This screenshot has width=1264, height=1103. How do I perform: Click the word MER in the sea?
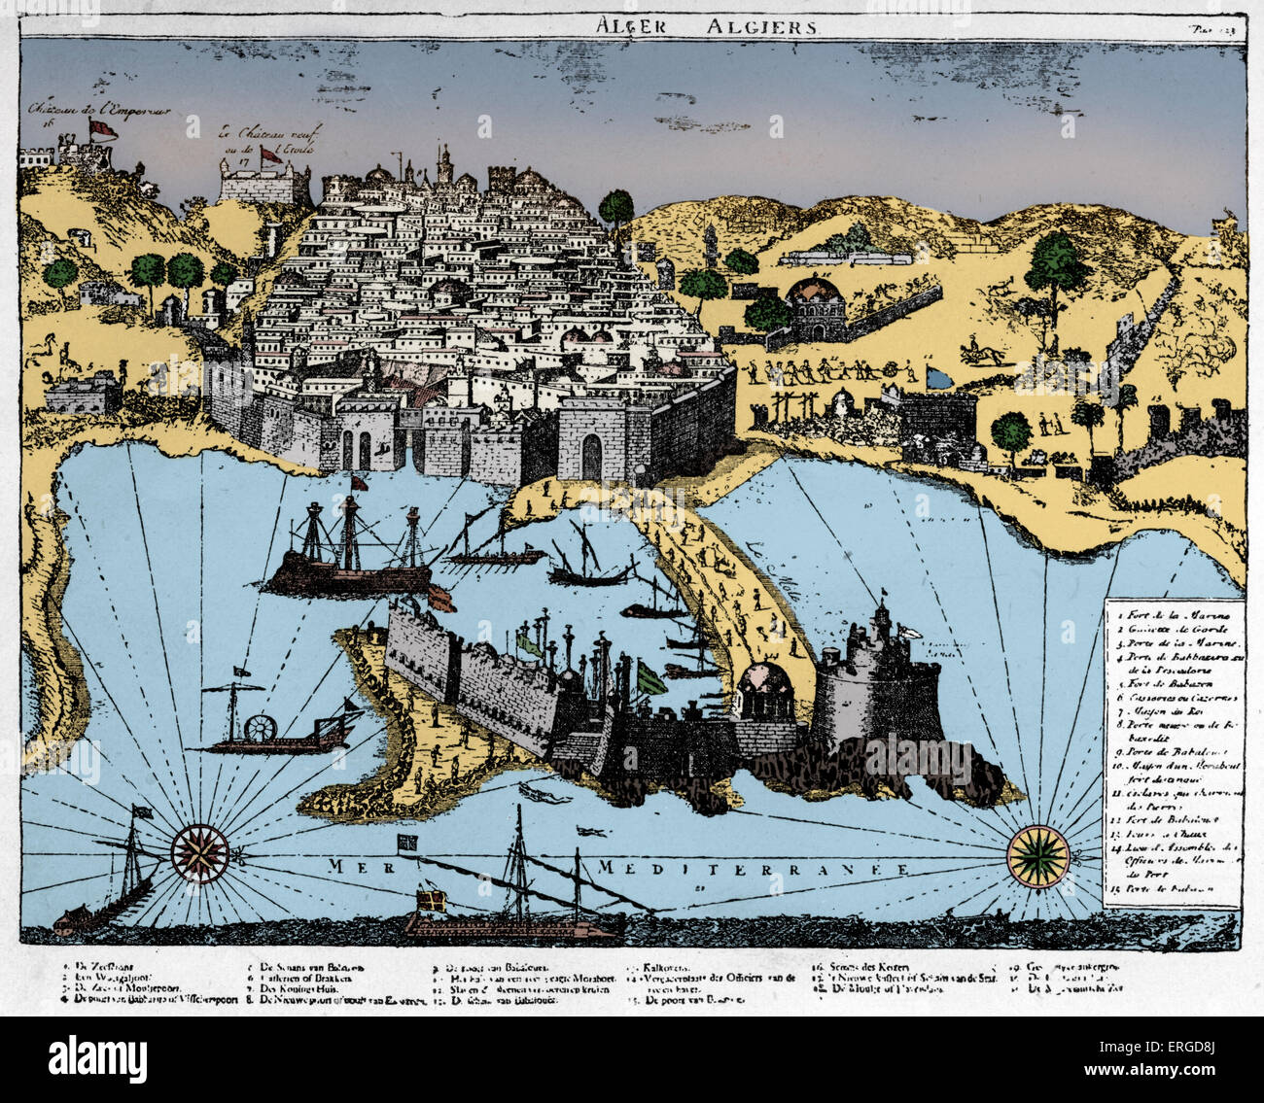coord(354,866)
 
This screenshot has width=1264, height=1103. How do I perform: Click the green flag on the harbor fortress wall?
coord(649,676)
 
